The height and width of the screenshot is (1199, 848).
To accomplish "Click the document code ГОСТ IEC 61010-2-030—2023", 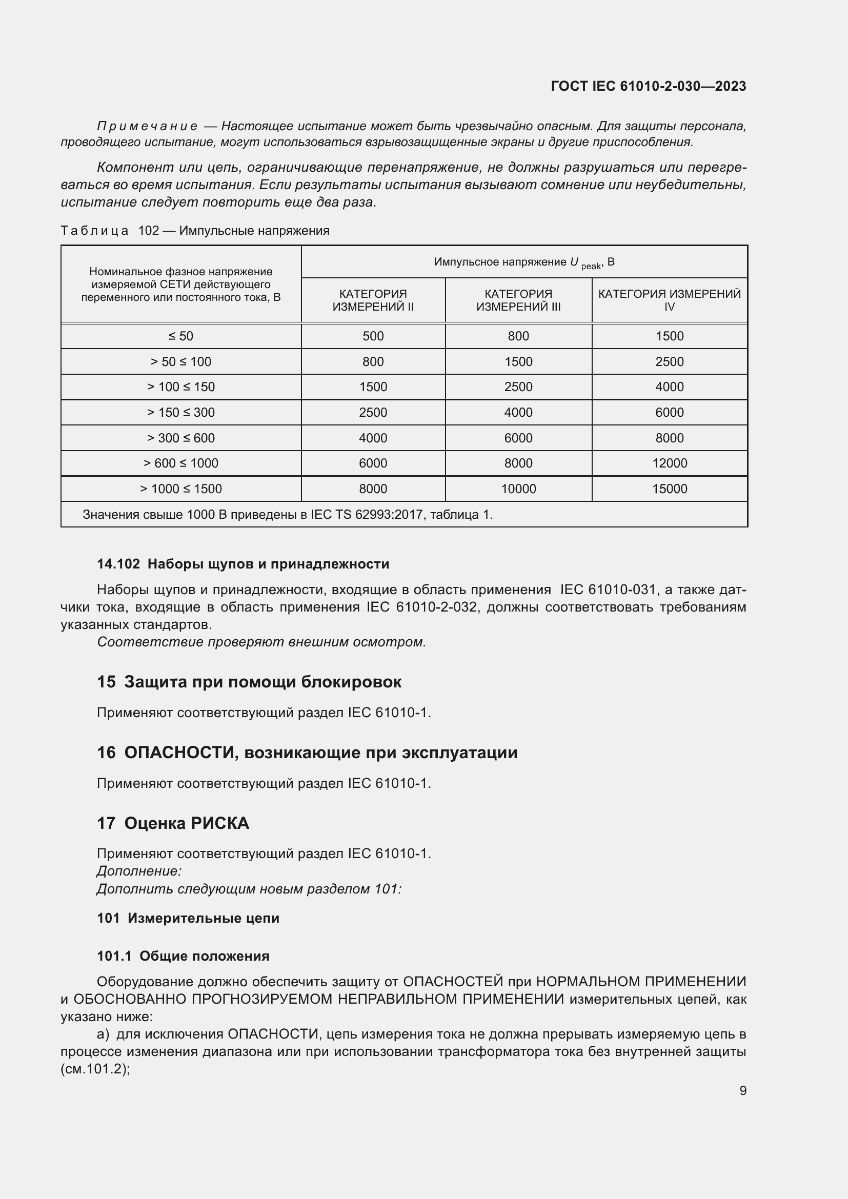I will (649, 86).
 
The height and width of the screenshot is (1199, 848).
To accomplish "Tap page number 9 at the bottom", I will (742, 1090).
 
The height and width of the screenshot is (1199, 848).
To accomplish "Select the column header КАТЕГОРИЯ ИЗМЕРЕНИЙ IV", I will (670, 300).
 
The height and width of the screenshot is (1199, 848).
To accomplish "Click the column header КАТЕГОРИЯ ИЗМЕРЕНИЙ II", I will (373, 300).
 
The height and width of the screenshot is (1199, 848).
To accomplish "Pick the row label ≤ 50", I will (180, 336).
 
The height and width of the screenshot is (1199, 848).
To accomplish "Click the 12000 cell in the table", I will (670, 463).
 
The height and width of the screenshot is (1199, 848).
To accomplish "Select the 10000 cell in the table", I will (518, 489).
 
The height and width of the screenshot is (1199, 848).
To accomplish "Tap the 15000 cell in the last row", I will (670, 489).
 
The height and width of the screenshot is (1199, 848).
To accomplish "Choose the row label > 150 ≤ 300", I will (180, 413).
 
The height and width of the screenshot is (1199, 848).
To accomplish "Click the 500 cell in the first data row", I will (373, 336).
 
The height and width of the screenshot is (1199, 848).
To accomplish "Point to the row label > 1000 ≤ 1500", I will (180, 489).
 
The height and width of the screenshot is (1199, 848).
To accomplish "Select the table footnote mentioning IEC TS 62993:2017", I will (287, 515).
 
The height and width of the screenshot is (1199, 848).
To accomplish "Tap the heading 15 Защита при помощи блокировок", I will (249, 682).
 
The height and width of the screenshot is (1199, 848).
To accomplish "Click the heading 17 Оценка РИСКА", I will (173, 824).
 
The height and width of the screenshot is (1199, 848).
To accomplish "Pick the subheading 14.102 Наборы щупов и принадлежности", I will (243, 564).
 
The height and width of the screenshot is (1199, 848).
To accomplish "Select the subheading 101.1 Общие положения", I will (183, 956).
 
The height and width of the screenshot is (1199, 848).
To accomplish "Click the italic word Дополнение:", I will (139, 871).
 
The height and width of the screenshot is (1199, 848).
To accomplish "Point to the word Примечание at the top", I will (147, 127).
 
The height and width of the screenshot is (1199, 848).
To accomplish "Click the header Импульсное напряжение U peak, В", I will (524, 262).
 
